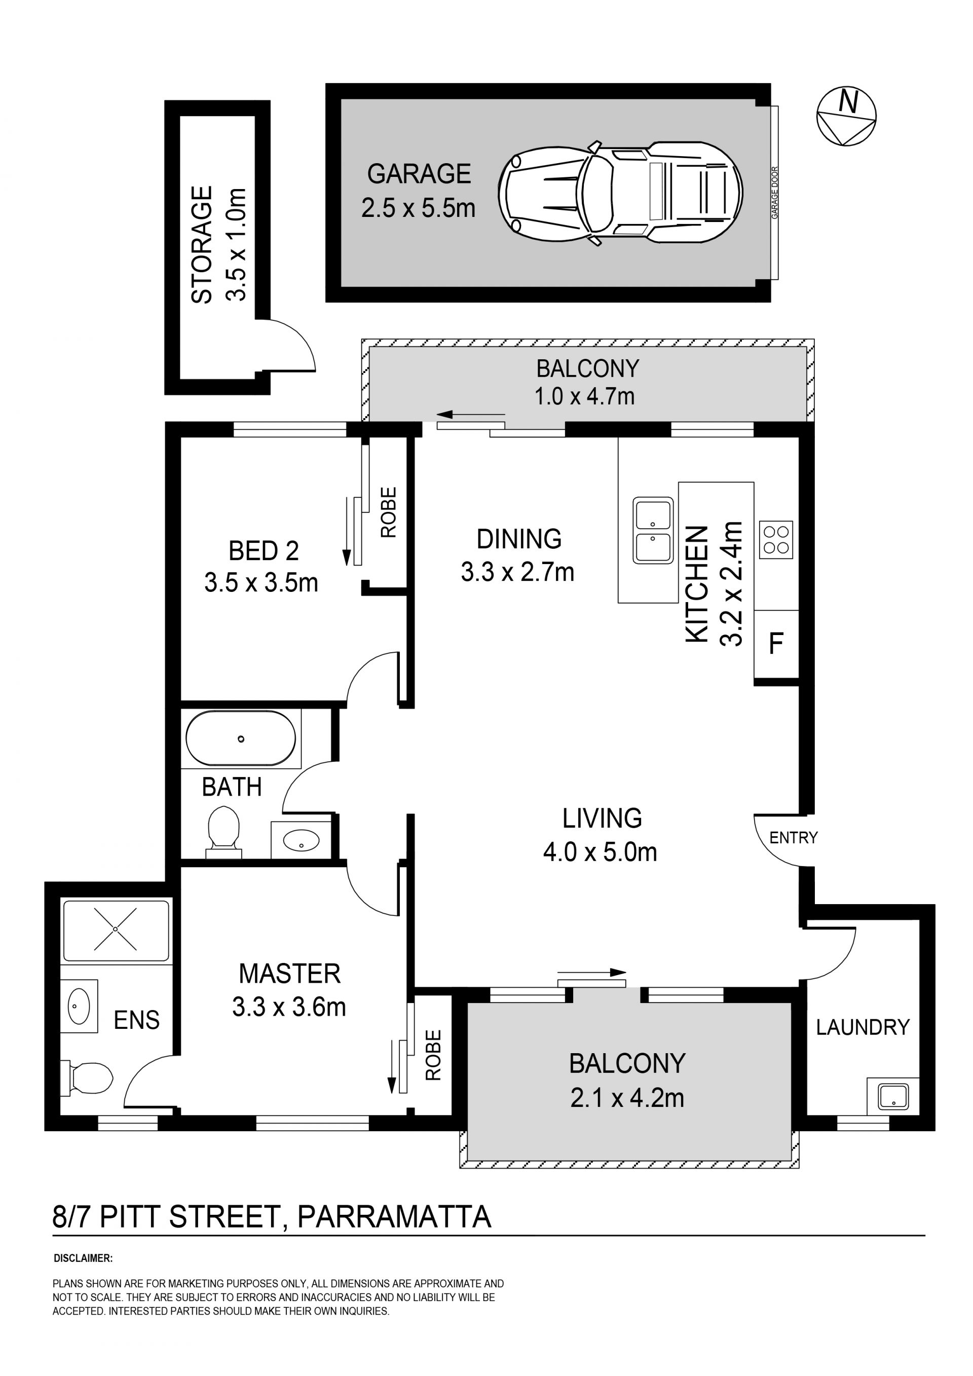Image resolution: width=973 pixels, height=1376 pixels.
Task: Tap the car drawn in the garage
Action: click(621, 193)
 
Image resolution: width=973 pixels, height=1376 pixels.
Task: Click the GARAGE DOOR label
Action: click(775, 193)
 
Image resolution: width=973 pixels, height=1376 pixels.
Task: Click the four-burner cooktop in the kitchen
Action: click(776, 539)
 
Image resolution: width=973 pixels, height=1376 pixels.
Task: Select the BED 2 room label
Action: click(264, 551)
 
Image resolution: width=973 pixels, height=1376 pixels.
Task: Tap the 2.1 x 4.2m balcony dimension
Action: click(627, 1098)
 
